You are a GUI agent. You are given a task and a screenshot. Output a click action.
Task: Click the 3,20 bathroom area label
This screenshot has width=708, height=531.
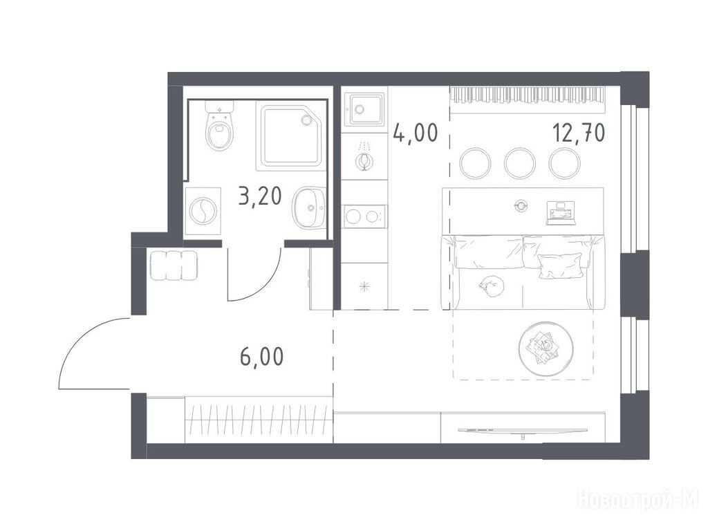click(260, 197)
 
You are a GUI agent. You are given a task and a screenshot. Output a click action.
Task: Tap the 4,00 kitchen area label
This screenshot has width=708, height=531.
click(416, 133)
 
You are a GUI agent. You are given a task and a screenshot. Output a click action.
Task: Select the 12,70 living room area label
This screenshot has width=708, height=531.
click(579, 133)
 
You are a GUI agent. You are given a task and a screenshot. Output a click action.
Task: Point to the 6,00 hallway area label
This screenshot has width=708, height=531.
click(262, 356)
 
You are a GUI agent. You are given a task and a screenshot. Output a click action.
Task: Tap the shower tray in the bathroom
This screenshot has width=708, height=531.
click(291, 136)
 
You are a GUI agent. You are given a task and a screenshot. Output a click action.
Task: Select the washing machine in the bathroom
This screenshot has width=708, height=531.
click(203, 211)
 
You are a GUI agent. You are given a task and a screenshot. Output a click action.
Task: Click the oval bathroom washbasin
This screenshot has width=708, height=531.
click(309, 207)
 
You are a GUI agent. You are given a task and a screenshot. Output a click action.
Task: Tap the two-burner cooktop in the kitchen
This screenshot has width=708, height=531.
click(364, 216)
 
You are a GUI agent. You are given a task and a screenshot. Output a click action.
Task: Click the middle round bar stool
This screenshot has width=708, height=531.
click(520, 162)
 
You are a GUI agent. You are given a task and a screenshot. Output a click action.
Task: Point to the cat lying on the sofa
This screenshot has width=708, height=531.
click(492, 284)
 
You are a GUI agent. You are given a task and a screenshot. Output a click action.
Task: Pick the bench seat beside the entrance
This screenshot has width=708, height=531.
click(173, 265)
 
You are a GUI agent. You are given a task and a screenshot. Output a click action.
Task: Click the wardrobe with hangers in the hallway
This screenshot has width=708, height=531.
click(259, 420)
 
